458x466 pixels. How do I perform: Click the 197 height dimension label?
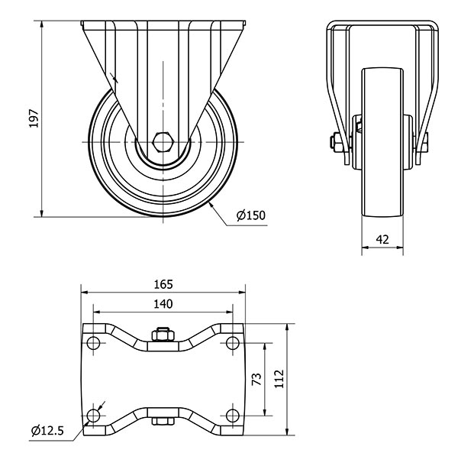(x=34, y=118)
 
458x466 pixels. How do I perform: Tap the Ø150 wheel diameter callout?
(x=250, y=215)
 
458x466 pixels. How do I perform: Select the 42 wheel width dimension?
(x=382, y=239)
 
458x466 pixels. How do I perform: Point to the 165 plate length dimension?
(x=163, y=284)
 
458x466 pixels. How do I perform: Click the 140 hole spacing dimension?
(x=163, y=304)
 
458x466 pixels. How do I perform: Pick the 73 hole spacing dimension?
(x=256, y=379)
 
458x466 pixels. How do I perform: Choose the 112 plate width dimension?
(x=279, y=379)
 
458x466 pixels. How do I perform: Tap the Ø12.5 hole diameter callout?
(x=47, y=430)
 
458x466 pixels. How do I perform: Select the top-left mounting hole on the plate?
(x=93, y=343)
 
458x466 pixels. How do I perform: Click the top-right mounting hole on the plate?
(x=232, y=343)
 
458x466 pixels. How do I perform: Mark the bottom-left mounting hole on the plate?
(x=93, y=416)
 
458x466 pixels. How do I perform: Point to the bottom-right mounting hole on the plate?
(x=232, y=416)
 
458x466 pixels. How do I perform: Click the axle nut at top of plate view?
(x=163, y=335)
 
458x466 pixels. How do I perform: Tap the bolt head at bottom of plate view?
(x=163, y=421)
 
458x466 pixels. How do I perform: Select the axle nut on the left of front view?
(x=335, y=142)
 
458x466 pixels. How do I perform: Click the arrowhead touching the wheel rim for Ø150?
(x=211, y=205)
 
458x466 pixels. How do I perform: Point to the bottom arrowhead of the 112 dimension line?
(x=287, y=431)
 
